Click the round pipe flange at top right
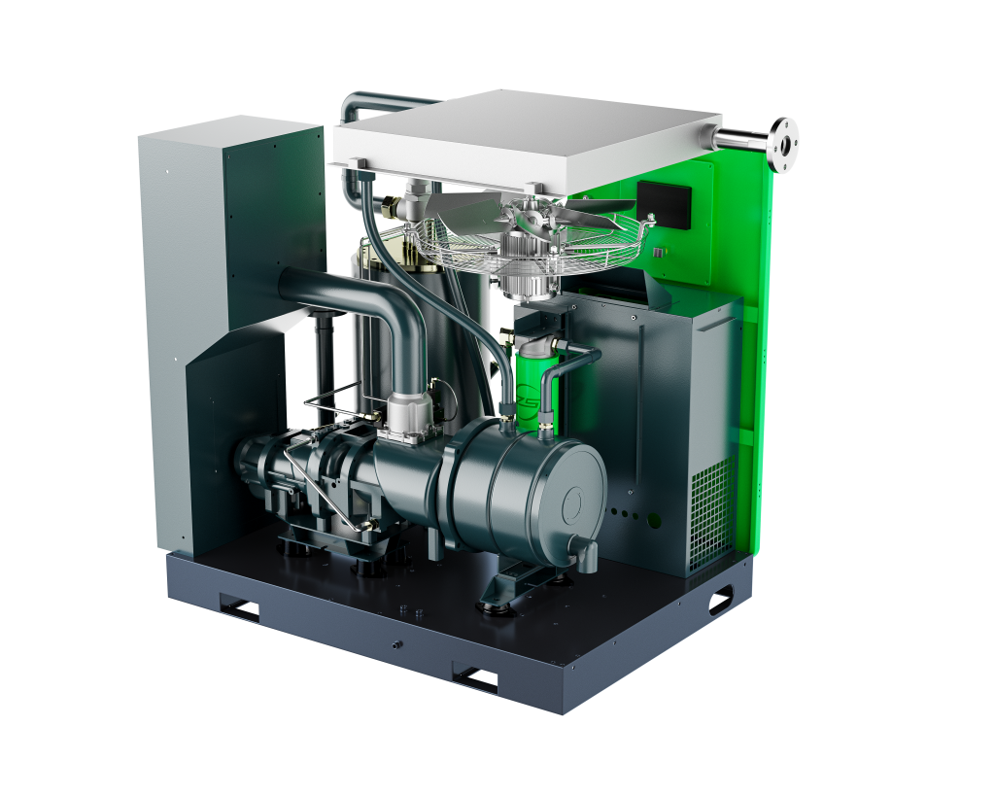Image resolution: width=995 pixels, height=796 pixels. (782, 143)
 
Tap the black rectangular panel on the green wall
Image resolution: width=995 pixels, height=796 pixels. (664, 204)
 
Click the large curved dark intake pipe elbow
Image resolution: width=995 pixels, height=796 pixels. (389, 311)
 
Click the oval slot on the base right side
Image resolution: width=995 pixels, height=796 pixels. (720, 603)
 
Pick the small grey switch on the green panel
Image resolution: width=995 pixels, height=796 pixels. (650, 221)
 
